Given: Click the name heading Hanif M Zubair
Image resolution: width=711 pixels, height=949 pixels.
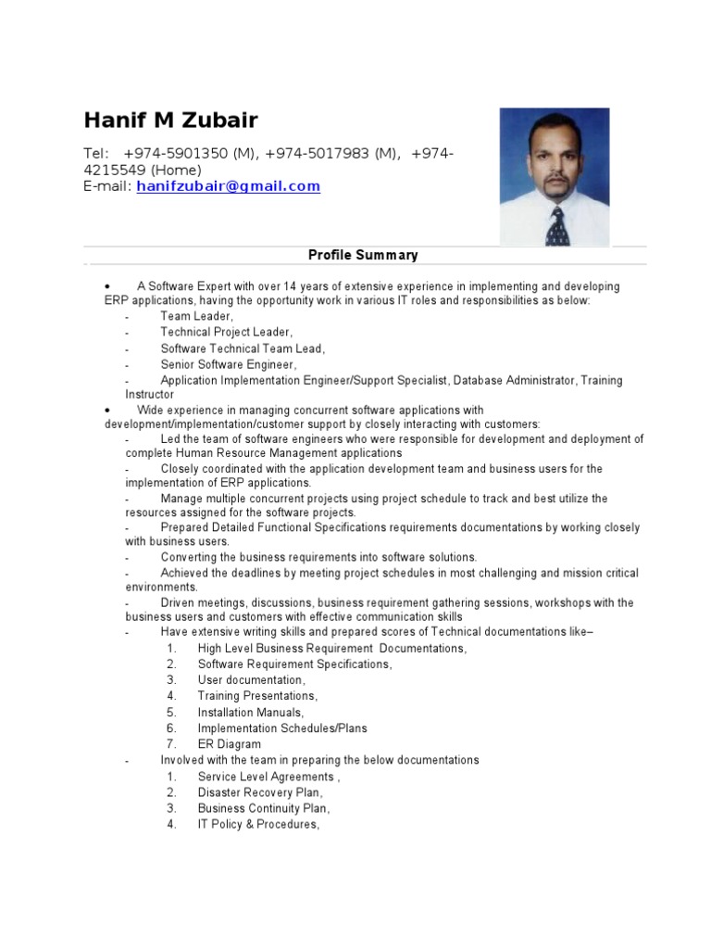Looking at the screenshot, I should coord(171,120).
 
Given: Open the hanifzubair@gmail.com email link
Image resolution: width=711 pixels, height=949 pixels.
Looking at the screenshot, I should coord(228,186).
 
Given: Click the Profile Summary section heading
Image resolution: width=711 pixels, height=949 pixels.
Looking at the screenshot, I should coord(363,255).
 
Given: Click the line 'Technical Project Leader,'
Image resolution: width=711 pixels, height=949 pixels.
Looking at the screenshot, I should coord(227,332).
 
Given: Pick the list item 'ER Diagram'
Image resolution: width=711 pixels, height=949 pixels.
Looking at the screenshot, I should coord(229,744).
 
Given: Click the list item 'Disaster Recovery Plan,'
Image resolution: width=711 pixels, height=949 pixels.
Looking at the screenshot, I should coord(260,792).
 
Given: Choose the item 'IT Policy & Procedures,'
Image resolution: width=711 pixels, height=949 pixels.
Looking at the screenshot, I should coord(258,824).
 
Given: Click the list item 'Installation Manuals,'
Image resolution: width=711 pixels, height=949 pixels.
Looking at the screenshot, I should coord(250,713).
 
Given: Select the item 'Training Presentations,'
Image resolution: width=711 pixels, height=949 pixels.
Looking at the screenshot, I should coord(257,696).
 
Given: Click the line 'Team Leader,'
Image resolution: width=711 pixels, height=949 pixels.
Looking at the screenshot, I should coord(197,316).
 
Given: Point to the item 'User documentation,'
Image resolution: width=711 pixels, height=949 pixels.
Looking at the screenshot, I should coord(251,680).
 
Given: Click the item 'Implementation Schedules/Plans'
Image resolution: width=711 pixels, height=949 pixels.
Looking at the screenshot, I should coord(282,728).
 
